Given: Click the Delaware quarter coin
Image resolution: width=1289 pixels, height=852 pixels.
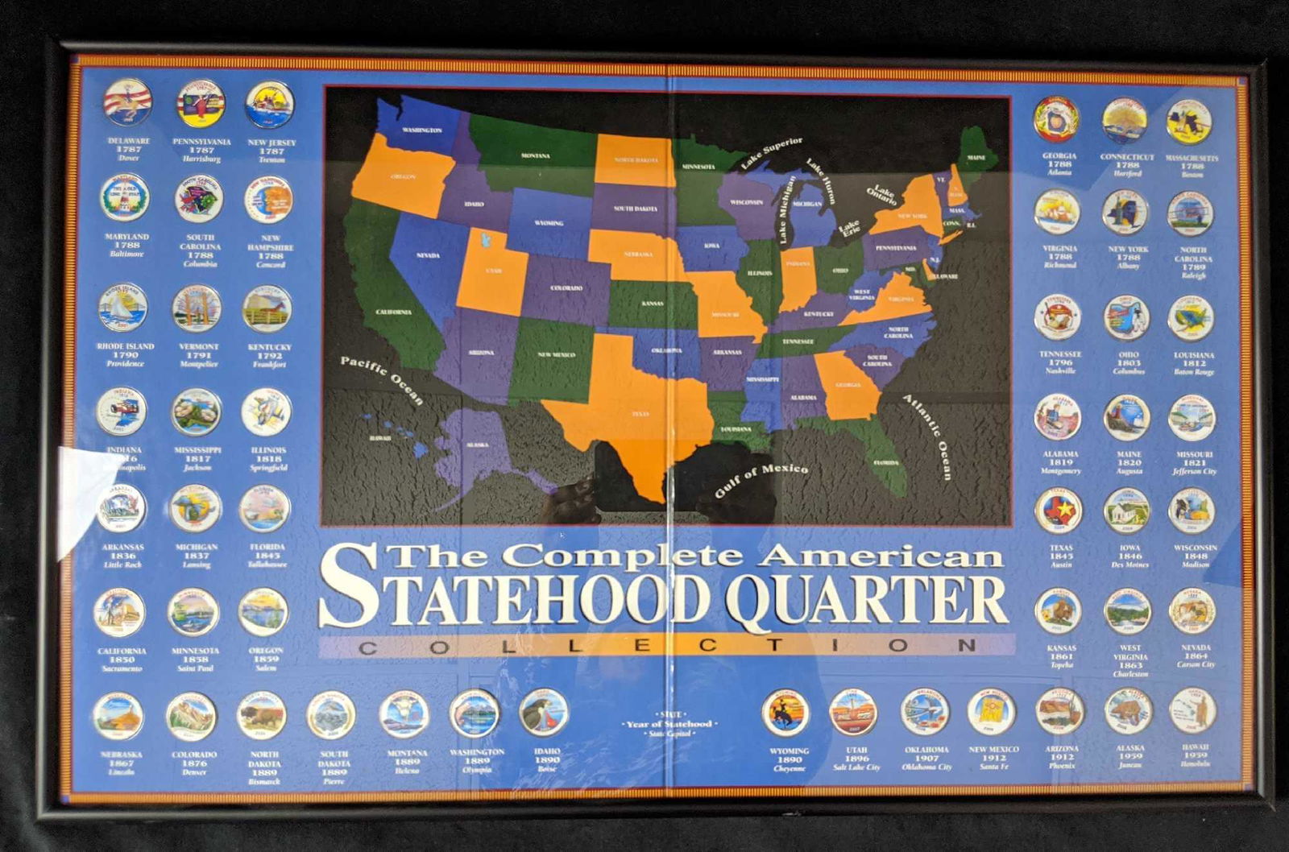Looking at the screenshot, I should (127, 103).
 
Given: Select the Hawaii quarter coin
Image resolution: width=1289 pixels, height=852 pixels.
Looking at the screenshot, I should (1192, 710).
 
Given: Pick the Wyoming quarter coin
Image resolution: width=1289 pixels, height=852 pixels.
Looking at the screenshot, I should (785, 712).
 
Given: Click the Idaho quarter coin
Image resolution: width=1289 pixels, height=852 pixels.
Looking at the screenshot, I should (544, 713).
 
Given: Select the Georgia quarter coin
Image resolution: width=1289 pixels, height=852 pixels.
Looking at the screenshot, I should (1057, 119).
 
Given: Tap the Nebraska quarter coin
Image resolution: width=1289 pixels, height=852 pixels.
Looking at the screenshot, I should (118, 716).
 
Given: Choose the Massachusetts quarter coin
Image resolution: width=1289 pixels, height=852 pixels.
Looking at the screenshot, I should (1190, 121).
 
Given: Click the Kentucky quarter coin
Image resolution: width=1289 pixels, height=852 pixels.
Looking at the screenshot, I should (267, 308).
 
